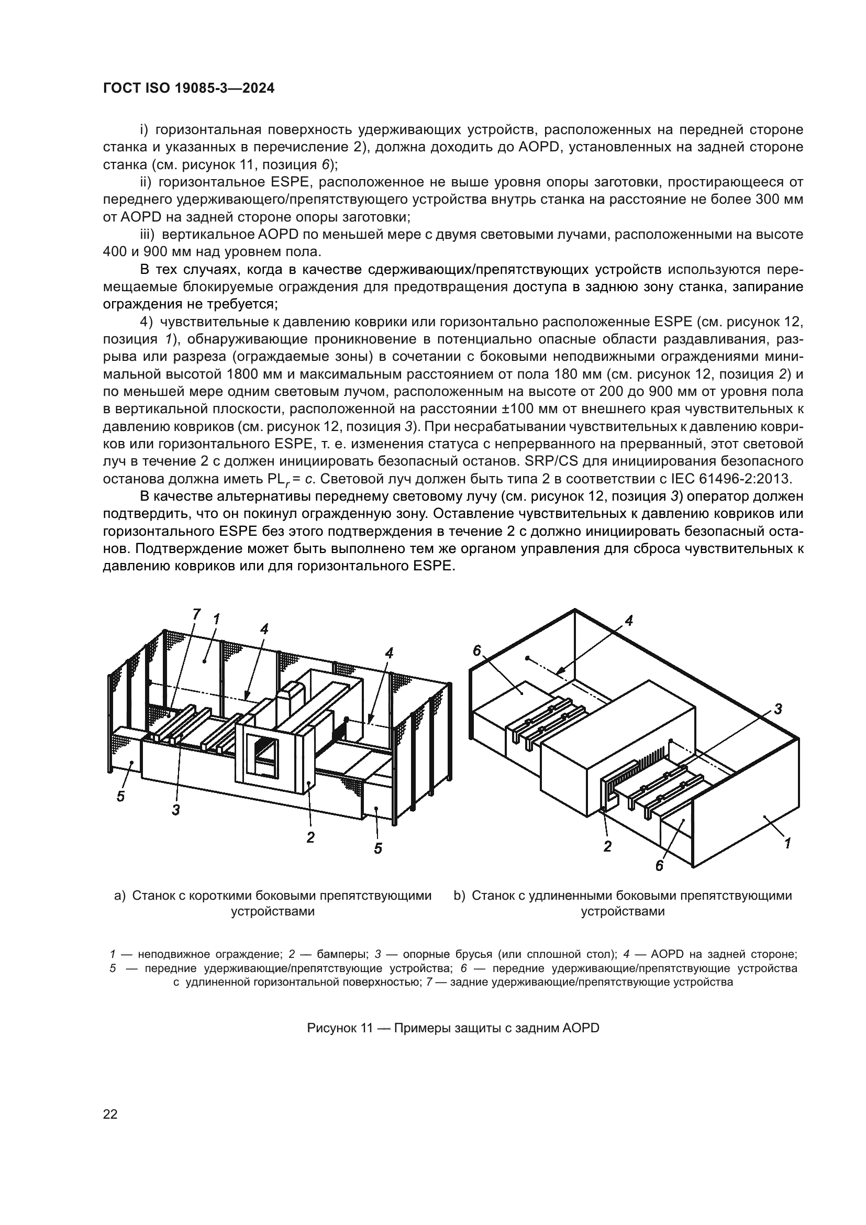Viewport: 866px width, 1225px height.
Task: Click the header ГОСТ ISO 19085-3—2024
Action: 188,89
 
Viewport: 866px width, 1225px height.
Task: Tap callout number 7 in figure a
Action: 196,614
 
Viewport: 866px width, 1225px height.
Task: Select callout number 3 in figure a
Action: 175,809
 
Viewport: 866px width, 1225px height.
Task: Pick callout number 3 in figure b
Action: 778,709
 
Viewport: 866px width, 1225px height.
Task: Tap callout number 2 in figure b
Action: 607,846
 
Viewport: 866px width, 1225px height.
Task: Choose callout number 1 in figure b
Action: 787,843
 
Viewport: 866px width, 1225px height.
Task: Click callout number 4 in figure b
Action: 629,621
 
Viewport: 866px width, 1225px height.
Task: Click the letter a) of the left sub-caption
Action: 120,895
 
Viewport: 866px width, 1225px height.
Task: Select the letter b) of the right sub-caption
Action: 460,895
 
